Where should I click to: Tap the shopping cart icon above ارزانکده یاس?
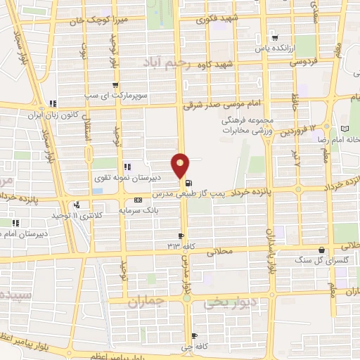tap(274, 39)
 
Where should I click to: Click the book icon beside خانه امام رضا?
tap(345, 129)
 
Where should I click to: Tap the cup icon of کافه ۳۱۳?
tap(181, 236)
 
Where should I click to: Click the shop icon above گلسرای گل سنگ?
tap(321, 250)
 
